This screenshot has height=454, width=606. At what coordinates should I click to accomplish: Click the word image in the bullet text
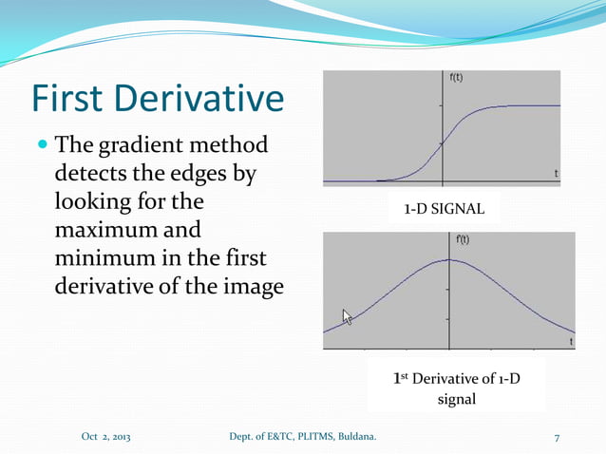[x=249, y=285]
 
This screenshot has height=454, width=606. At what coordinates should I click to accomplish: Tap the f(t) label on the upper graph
[x=456, y=78]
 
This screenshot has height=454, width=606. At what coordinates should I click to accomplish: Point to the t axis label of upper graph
[x=556, y=173]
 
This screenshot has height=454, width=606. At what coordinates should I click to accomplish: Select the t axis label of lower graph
[x=570, y=340]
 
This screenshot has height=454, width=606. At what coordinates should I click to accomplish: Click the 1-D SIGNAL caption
[x=445, y=208]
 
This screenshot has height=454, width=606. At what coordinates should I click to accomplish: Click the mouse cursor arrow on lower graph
[x=347, y=316]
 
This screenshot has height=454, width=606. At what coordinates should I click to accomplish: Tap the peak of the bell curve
[x=449, y=260]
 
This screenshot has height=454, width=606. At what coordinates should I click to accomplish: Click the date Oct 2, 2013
[x=105, y=436]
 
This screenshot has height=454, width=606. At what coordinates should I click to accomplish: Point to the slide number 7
[x=557, y=436]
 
